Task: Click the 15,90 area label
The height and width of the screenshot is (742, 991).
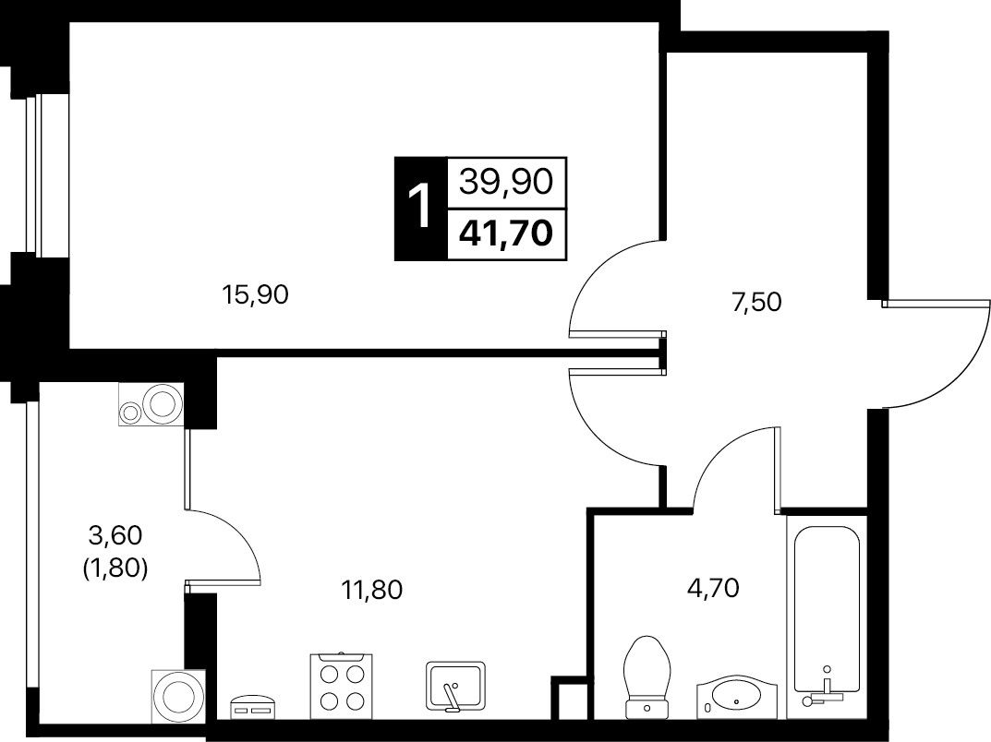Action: point(255,295)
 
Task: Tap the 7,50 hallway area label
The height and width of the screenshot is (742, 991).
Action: point(756,303)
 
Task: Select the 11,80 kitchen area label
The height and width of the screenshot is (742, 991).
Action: point(371,590)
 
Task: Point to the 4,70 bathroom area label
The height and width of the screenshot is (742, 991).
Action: point(713,589)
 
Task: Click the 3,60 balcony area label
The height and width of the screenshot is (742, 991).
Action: point(115,536)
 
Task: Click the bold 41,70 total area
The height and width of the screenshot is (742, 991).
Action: point(506,233)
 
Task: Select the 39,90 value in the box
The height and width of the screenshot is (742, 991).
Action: point(506,183)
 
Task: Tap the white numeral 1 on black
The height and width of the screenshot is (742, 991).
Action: point(419,207)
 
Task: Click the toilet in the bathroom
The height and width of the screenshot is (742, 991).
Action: point(646,677)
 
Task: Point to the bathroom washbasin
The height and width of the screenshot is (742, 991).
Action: point(736,698)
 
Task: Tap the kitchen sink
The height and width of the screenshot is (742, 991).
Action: point(455,686)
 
